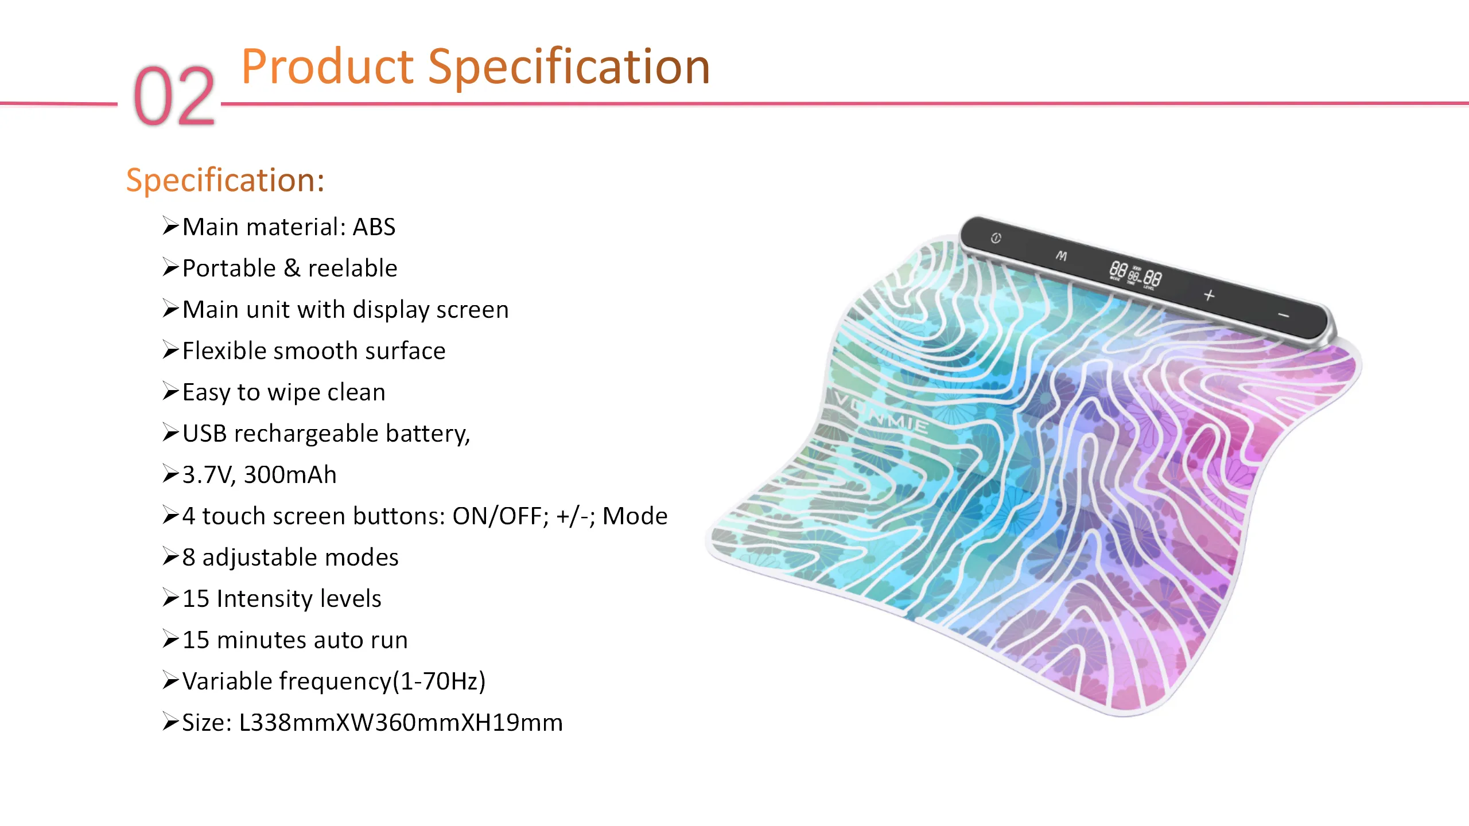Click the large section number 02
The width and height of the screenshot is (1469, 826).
coord(174,95)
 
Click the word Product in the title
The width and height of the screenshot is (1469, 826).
coord(328,67)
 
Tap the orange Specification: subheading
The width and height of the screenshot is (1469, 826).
coord(226,180)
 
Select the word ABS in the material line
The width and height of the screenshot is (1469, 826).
coord(374,227)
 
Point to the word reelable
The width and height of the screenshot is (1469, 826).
coord(353,268)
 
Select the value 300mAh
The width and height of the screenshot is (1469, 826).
coord(290,475)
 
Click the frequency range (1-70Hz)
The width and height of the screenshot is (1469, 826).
coord(439,681)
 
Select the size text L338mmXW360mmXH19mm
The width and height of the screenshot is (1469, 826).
coord(401,723)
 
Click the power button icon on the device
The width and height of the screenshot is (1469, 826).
coord(996,238)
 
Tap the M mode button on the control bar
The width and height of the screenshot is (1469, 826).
coord(1061,256)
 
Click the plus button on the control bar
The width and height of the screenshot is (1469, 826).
coord(1209,295)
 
